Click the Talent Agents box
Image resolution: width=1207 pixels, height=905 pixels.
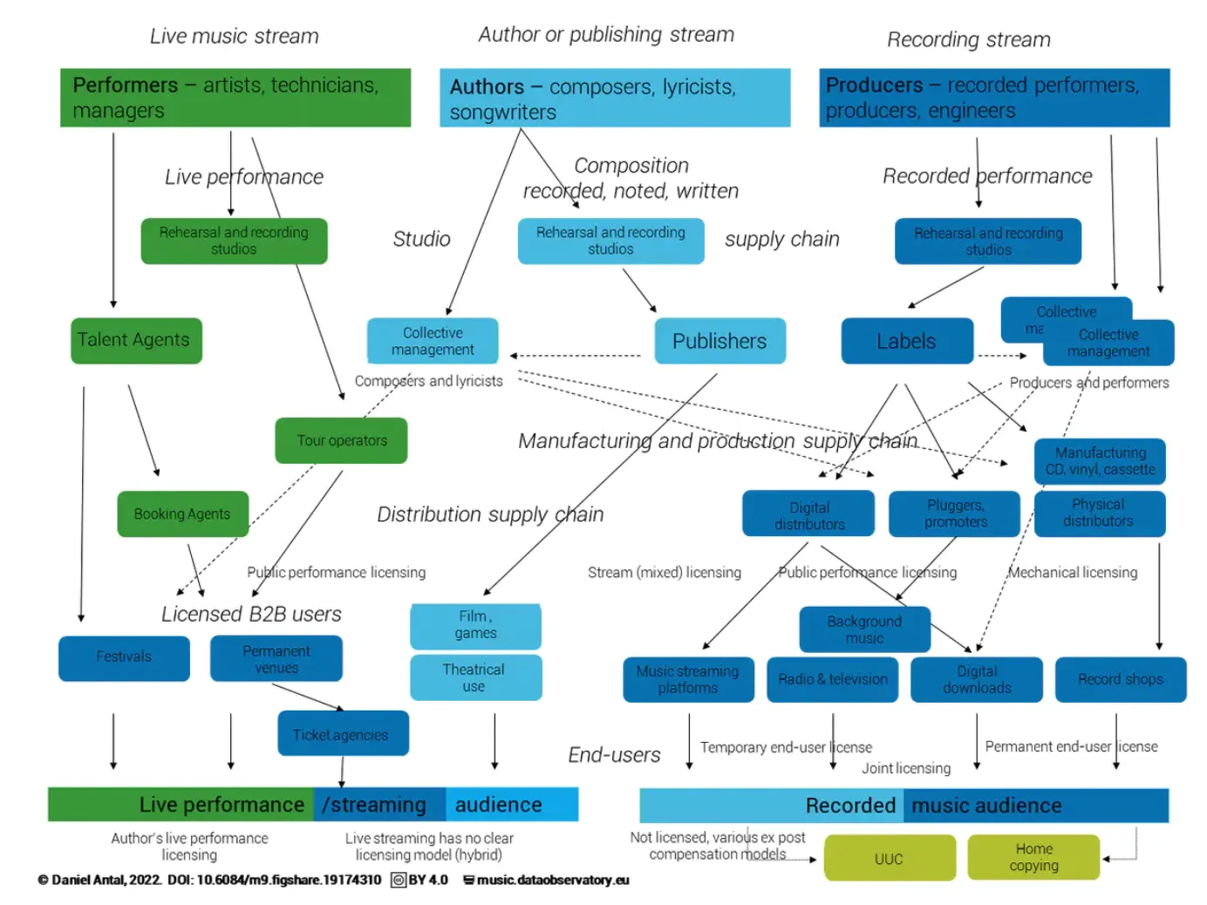(x=136, y=340)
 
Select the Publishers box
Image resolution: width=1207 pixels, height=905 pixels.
(x=719, y=341)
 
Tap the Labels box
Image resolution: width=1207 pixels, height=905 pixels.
(x=906, y=341)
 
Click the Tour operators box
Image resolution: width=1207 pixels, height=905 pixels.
(x=341, y=440)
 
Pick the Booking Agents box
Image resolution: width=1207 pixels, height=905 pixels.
(x=182, y=514)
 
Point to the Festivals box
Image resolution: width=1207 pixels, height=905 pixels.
(x=124, y=657)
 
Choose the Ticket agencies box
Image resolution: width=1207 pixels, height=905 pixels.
(x=342, y=734)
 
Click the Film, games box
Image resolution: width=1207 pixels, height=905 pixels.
(x=475, y=625)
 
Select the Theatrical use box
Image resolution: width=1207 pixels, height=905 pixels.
(x=475, y=677)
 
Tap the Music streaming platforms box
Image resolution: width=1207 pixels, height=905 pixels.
(x=688, y=679)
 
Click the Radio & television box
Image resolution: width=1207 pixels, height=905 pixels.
(x=832, y=679)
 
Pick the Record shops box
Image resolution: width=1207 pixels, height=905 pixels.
(x=1120, y=679)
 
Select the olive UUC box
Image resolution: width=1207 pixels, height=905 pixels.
(x=889, y=859)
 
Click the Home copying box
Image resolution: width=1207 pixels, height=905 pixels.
(x=1033, y=857)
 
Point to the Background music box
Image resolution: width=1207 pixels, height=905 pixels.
(x=863, y=629)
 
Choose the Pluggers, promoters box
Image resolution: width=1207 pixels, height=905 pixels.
(x=954, y=514)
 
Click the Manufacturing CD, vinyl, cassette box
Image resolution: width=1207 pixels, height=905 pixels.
(x=1100, y=461)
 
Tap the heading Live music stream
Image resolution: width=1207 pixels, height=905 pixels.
(x=234, y=37)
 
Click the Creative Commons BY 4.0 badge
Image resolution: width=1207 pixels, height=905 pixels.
(x=419, y=880)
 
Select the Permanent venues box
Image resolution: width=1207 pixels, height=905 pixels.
(x=276, y=659)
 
